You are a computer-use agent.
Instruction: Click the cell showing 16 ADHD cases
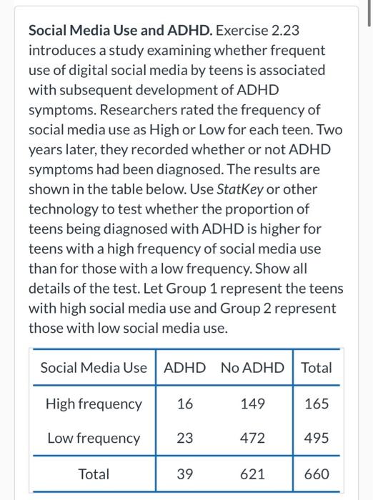[x=184, y=404]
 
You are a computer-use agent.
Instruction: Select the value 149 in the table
[x=253, y=404]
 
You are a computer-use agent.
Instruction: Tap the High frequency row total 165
[x=317, y=404]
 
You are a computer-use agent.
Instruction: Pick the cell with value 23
[x=184, y=438]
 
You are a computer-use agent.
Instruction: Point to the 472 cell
[x=253, y=438]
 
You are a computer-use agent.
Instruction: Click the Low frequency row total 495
[x=317, y=438]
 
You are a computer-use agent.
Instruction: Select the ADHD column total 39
[x=184, y=474]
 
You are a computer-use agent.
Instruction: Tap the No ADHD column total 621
[x=253, y=474]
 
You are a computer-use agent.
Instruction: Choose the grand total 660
[x=317, y=474]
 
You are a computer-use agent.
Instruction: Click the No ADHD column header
[x=252, y=368]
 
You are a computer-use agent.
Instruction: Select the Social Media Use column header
[x=94, y=368]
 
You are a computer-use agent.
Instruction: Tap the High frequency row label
[x=94, y=404]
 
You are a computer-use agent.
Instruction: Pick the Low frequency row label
[x=94, y=438]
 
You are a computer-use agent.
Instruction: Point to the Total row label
[x=94, y=474]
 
